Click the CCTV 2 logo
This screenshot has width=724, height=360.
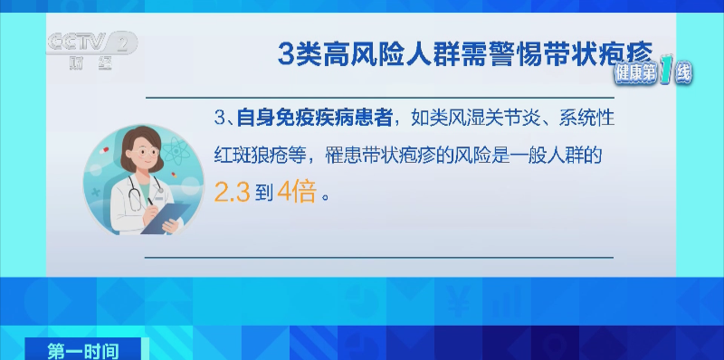click(x=90, y=45)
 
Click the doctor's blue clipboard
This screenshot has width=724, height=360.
click(x=167, y=217)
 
